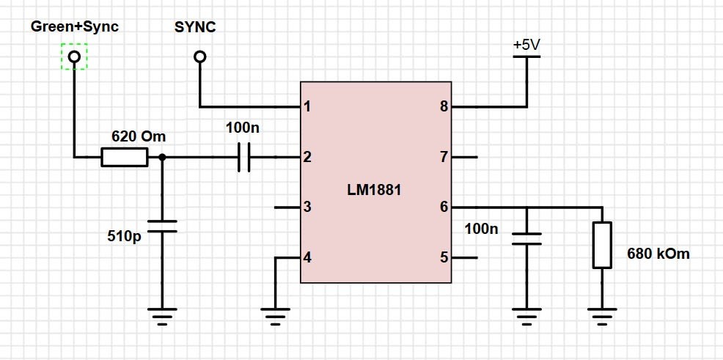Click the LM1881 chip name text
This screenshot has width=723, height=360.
pos(374,189)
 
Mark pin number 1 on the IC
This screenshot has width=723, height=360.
pos(307,107)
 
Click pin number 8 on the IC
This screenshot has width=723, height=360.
pos(444,107)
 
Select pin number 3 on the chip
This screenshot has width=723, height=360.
pos(307,207)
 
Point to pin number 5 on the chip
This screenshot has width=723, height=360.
pos(444,257)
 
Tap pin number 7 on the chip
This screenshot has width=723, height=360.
pos(444,157)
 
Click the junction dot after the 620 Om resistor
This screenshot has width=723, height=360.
pos(162,157)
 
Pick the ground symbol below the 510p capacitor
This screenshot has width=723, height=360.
pos(162,316)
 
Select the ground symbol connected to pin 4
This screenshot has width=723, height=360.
pos(275,316)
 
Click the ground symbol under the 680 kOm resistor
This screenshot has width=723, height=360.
pos(602,316)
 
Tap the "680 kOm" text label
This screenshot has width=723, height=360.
pos(658,254)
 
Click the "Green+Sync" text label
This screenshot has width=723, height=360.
pos(75,26)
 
